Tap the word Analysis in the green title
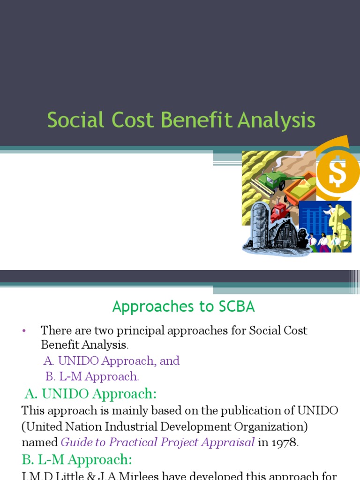tap(277, 120)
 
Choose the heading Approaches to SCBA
tap(184, 307)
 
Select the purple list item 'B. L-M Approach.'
tap(92, 376)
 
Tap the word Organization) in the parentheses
tap(253, 427)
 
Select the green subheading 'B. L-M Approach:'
tap(77, 459)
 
